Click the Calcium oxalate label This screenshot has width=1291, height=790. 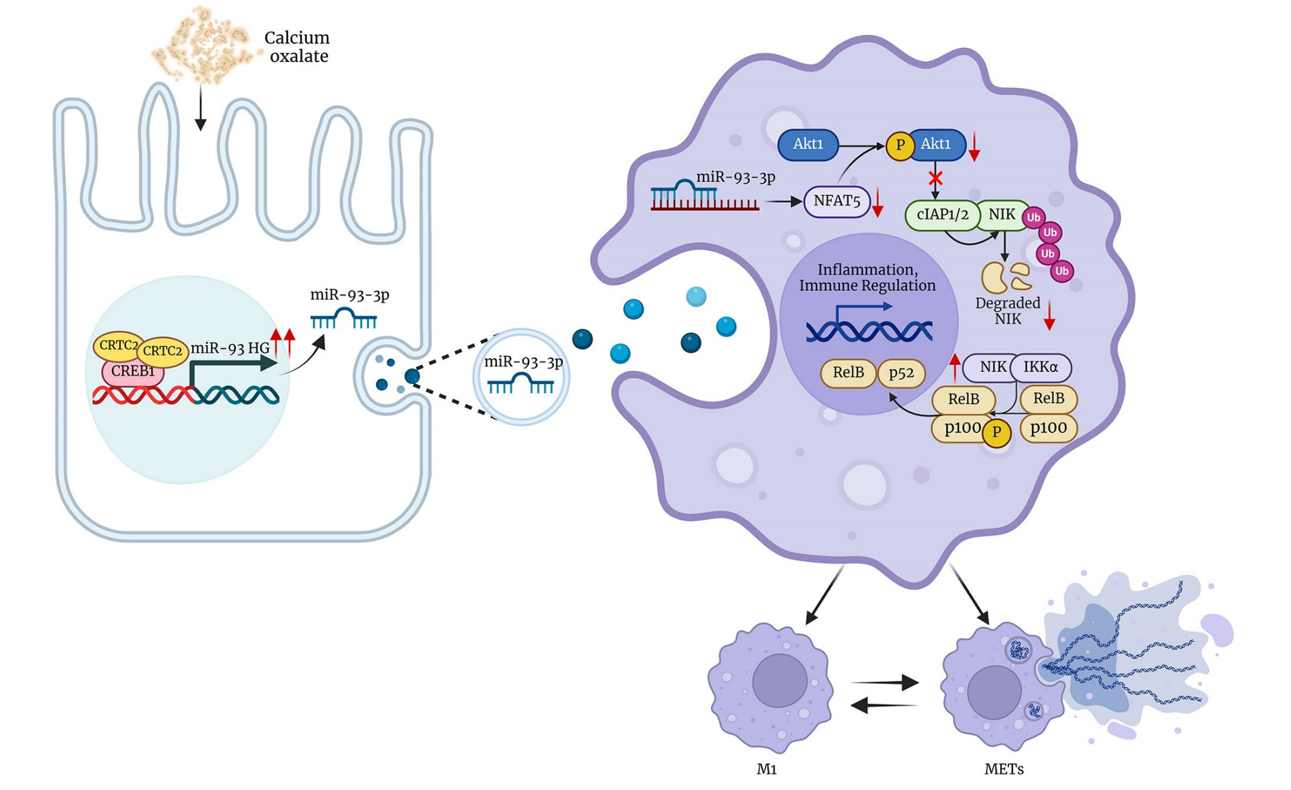[297, 47]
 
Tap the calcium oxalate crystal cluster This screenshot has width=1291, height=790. [200, 45]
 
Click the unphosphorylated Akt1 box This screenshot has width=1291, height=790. [808, 144]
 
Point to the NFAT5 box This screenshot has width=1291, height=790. [837, 202]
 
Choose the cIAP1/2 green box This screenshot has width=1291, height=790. [942, 215]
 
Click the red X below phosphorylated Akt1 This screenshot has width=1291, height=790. [935, 178]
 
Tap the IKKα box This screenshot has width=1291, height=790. [1040, 367]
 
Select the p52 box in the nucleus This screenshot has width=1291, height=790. [901, 373]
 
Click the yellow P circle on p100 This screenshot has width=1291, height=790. [996, 432]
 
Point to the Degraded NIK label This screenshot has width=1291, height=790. [1007, 311]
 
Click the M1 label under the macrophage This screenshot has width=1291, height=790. [766, 769]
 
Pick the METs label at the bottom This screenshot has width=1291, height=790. [1003, 769]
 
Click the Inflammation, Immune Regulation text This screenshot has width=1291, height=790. [867, 277]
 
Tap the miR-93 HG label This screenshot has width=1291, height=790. [230, 348]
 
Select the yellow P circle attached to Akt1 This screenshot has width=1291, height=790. [899, 145]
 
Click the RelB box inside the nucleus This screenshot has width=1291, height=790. [848, 373]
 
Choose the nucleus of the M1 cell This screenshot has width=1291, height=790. [780, 681]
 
